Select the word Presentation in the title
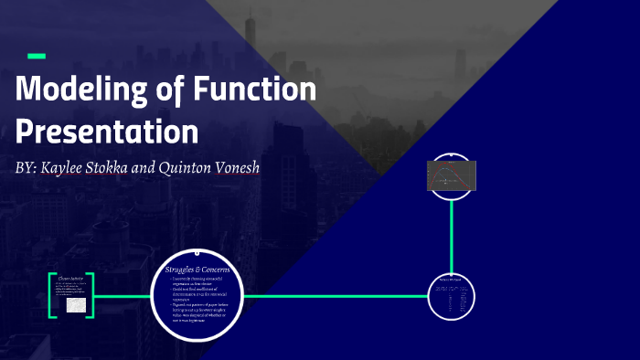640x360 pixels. tap(107, 131)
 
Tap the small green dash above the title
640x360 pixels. tap(37, 57)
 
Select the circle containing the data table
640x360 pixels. tap(452, 297)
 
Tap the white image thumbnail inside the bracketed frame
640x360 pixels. tap(76, 305)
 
